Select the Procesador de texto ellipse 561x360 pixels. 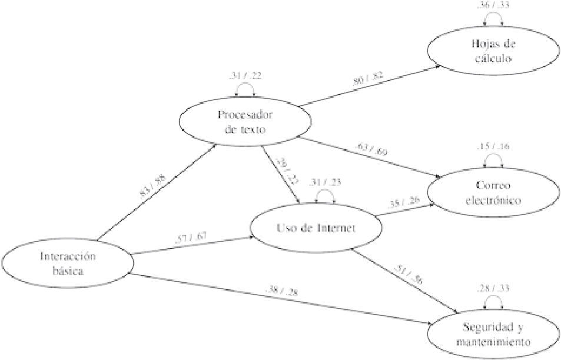pos(238,122)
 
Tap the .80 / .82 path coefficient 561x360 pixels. pos(367,80)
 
